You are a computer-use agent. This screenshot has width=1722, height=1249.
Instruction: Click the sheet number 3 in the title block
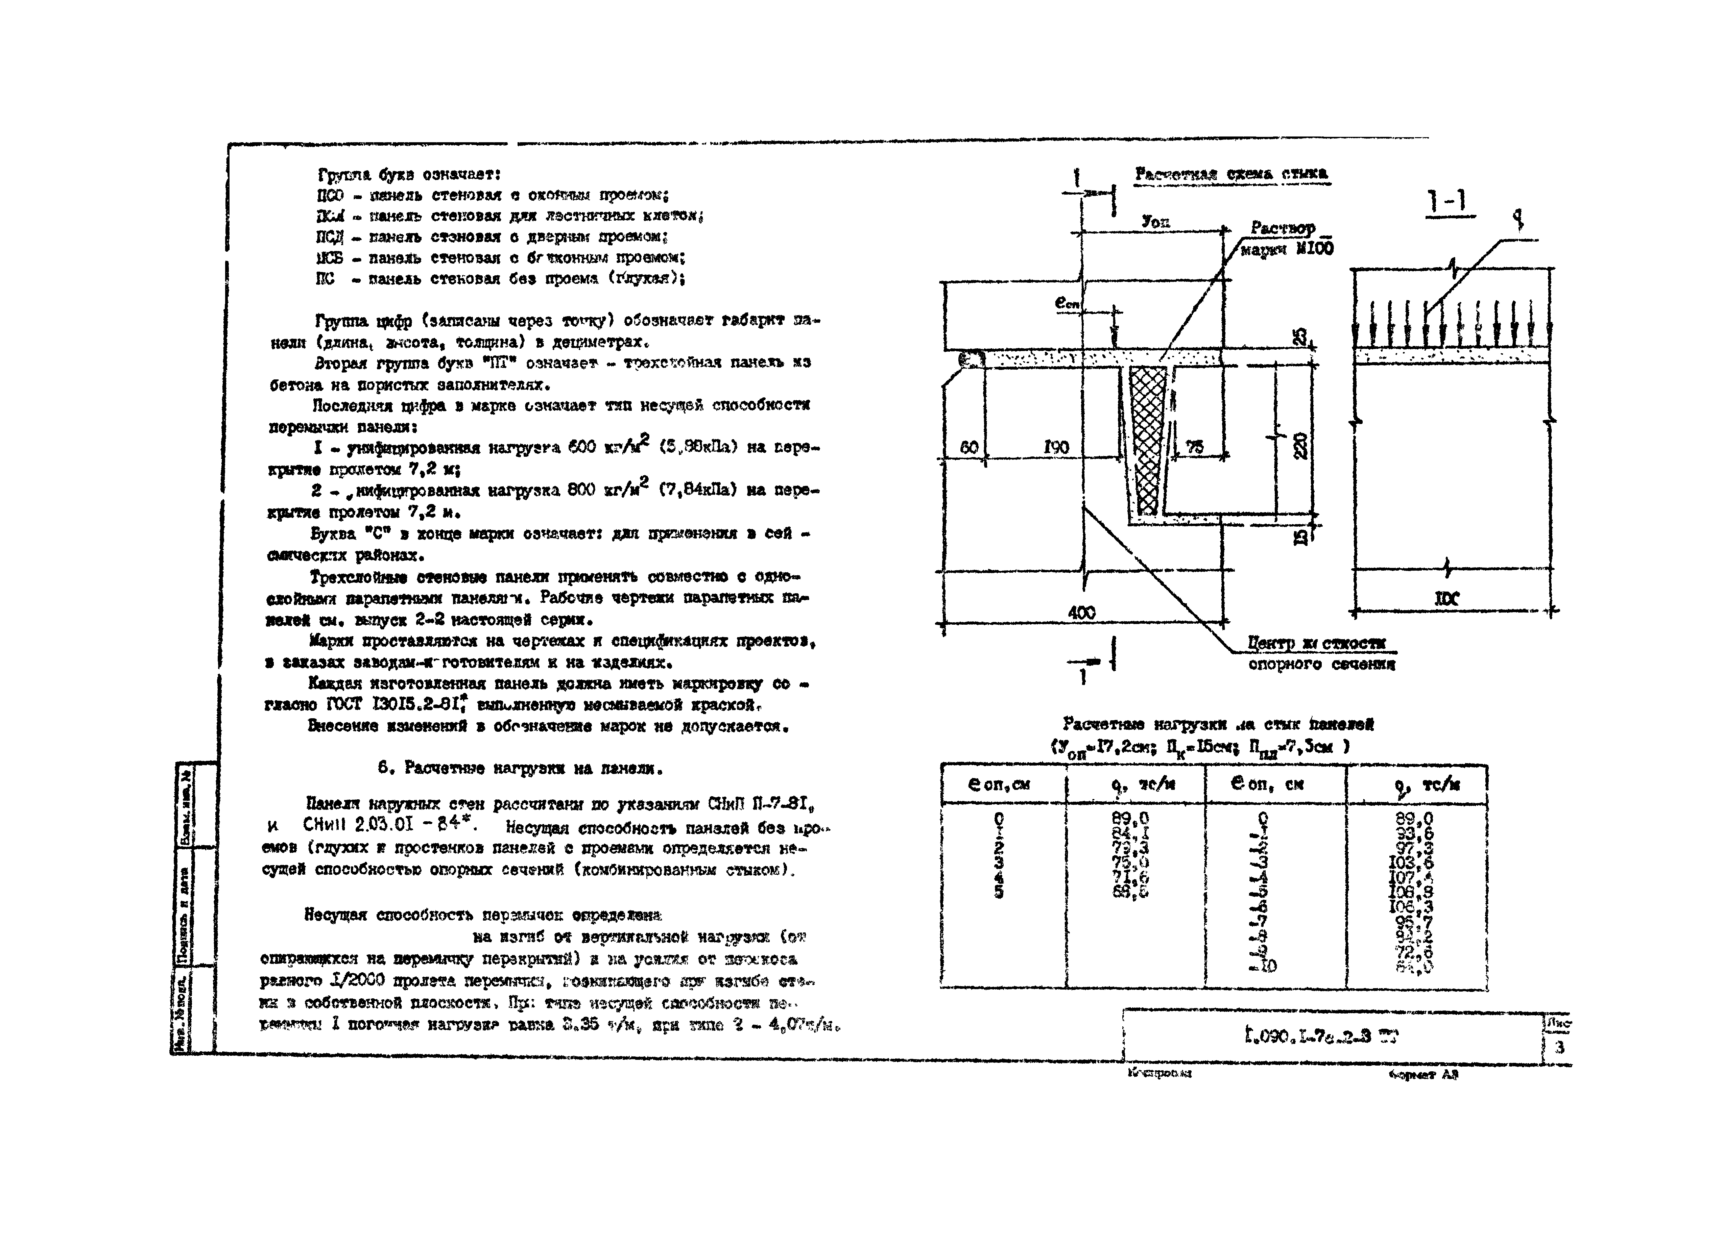coord(1559,1048)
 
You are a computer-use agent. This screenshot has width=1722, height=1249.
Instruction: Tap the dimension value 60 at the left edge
coord(969,448)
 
